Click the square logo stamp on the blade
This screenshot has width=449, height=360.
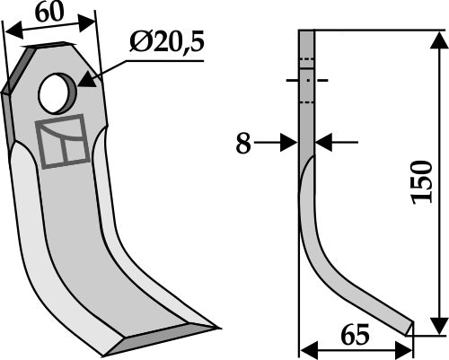click(64, 141)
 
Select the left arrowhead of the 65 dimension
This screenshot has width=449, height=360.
click(304, 350)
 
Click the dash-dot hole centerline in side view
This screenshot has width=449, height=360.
click(305, 80)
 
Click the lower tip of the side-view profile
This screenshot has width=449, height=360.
click(409, 327)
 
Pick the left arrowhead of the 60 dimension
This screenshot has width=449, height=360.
click(9, 32)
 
